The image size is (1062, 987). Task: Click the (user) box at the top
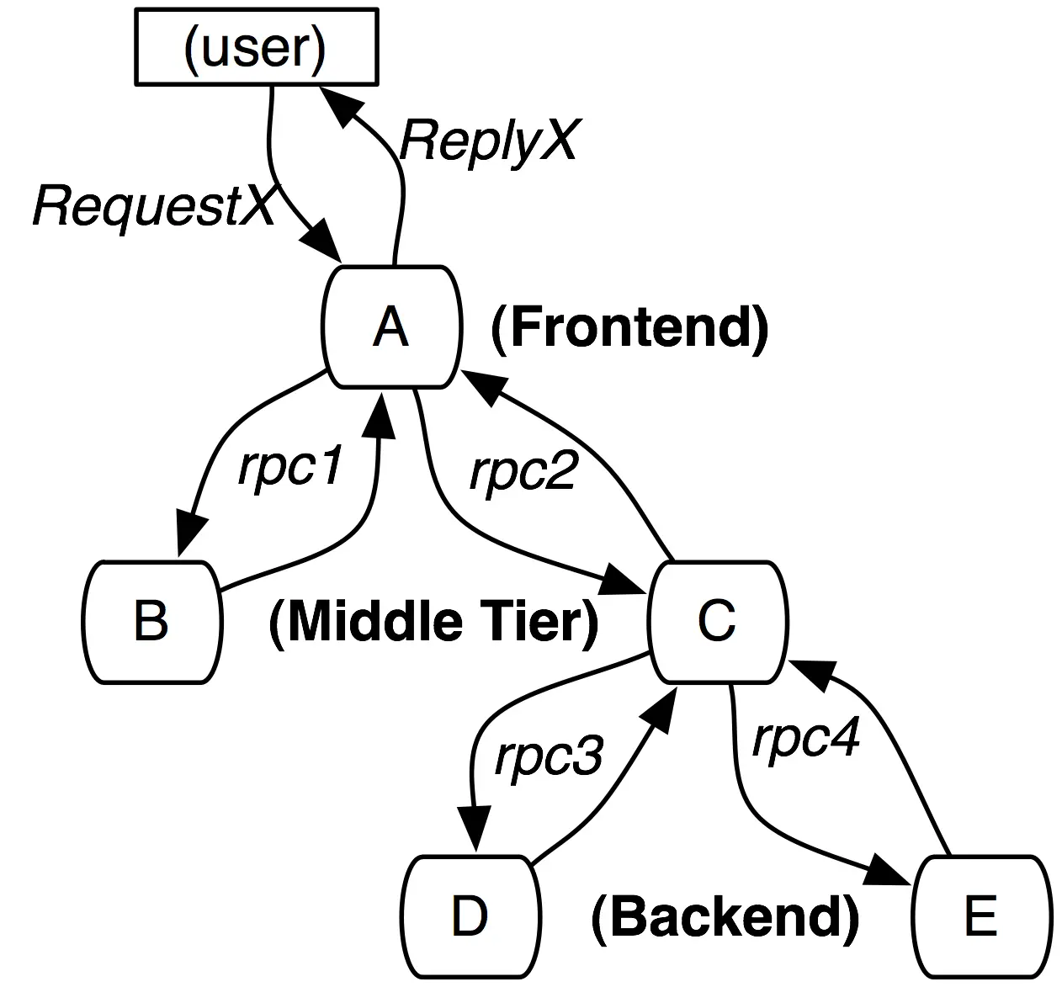(256, 48)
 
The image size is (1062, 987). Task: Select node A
(391, 327)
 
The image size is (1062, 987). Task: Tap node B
(151, 622)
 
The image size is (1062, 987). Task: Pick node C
(717, 621)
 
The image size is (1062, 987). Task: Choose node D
(470, 916)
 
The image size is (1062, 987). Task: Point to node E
(980, 916)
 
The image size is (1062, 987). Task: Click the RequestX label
(154, 206)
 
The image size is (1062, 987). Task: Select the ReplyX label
(489, 141)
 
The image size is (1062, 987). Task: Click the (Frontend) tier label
(629, 327)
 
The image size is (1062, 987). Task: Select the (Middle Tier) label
(434, 622)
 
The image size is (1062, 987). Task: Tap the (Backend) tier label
(725, 916)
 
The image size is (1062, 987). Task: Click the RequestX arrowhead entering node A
(324, 246)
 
